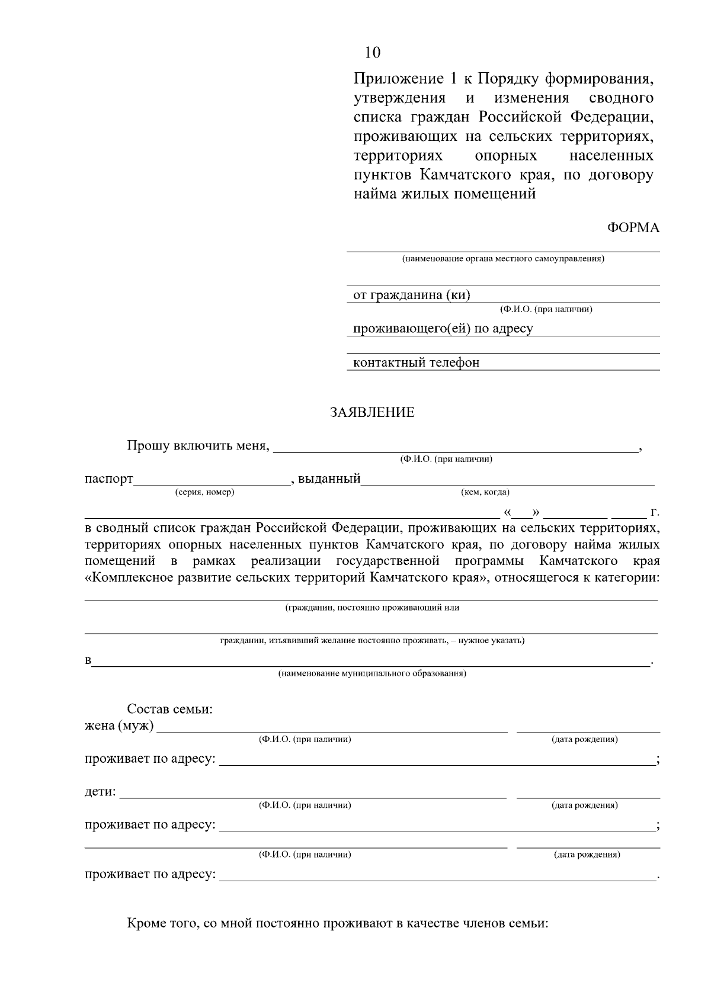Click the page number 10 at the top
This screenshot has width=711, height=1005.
[x=373, y=53]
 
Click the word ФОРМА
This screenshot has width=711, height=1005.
[x=633, y=228]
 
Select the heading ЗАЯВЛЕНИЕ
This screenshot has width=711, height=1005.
[x=372, y=413]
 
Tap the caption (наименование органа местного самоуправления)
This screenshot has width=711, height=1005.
[x=503, y=259]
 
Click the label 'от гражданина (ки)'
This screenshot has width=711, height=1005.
[x=411, y=295]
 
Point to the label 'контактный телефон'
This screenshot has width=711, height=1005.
[x=416, y=362]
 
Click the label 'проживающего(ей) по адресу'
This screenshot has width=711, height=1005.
[x=443, y=329]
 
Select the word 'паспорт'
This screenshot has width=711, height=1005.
[x=108, y=479]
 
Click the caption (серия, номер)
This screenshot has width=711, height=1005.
[x=205, y=492]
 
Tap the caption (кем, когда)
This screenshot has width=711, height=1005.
[x=485, y=492]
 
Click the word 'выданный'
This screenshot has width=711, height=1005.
[x=329, y=479]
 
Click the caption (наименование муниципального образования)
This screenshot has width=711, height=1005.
[x=372, y=673]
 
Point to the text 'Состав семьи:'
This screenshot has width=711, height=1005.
[x=170, y=709]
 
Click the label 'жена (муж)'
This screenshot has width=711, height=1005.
[x=119, y=725]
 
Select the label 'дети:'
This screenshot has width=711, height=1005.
[x=100, y=792]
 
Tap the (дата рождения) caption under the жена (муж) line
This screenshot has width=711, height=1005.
[x=585, y=739]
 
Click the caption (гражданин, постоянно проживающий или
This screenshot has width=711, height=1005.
[x=372, y=607]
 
